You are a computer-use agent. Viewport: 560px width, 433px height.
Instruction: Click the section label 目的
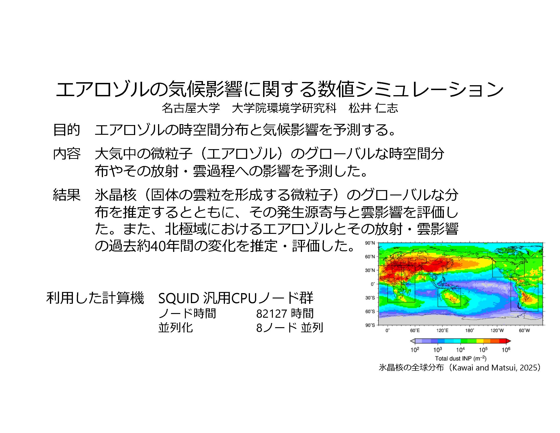pos(67,130)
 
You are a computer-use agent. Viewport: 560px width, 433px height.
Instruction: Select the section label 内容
pos(67,154)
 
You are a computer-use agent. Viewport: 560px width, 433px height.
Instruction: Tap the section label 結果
pos(67,195)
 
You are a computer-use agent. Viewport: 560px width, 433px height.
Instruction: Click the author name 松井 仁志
pos(373,108)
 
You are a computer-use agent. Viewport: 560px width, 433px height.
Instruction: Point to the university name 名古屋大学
pos(191,108)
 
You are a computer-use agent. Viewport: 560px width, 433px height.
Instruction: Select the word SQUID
pos(179,298)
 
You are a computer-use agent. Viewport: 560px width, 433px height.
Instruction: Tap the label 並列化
pos(176,328)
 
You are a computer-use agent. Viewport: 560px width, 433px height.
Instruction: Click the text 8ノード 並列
pos(289,328)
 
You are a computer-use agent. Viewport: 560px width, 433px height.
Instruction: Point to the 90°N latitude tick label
pos(370,243)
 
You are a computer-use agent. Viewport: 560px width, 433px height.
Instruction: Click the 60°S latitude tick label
pos(370,311)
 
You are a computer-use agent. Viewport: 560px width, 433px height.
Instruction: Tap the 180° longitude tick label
pos(470,330)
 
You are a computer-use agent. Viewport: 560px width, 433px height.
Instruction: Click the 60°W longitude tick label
pos(524,330)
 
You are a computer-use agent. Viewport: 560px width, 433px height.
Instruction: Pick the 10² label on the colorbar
pos(415,350)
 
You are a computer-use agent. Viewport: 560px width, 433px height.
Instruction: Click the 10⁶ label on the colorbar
pos(506,350)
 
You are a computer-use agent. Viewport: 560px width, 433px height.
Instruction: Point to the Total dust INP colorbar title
pos(461,358)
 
